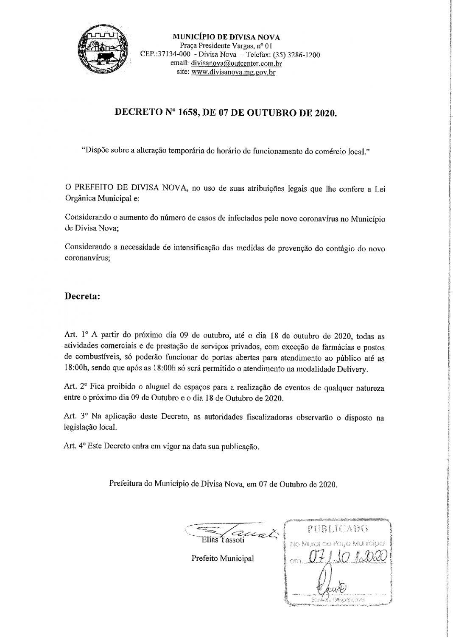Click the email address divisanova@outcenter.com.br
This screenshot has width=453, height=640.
click(237, 64)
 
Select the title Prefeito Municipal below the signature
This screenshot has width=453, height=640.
click(223, 558)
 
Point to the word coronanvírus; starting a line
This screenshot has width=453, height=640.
click(87, 259)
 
